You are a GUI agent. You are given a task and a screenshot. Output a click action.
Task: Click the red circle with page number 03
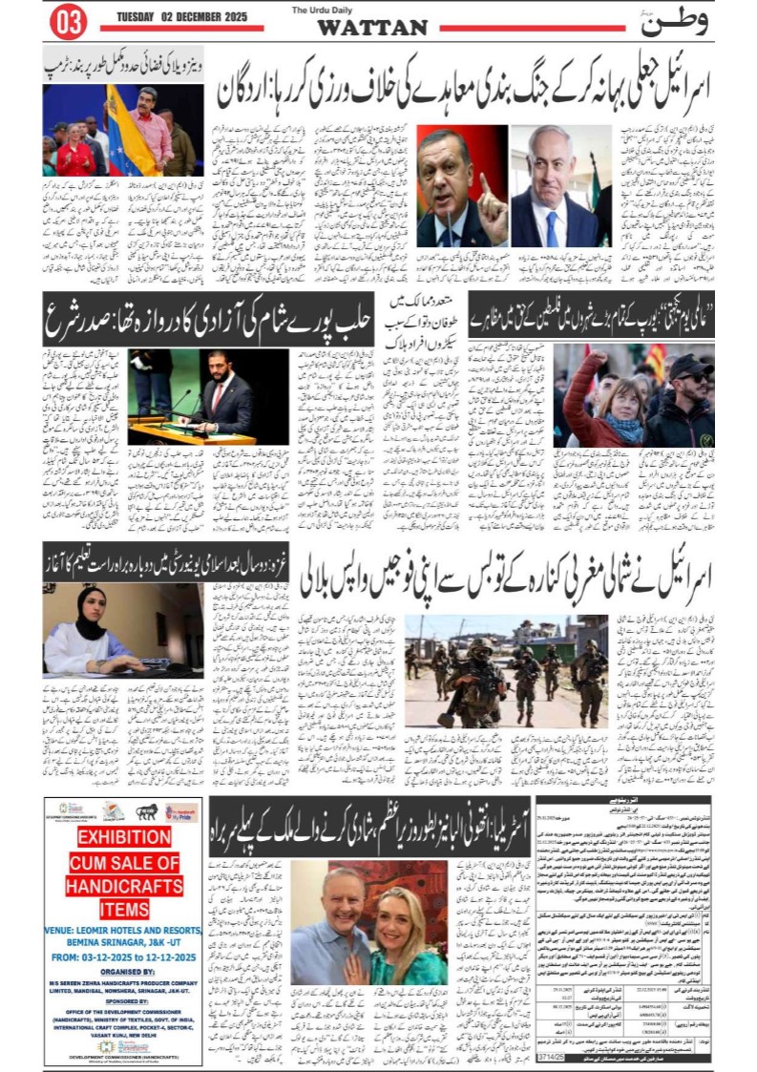click(x=67, y=23)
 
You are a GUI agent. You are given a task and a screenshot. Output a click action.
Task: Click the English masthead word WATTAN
click(x=372, y=28)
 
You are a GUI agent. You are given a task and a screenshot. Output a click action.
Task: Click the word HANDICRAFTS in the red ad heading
click(x=123, y=885)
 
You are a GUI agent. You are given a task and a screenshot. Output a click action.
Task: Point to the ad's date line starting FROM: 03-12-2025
click(x=123, y=955)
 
